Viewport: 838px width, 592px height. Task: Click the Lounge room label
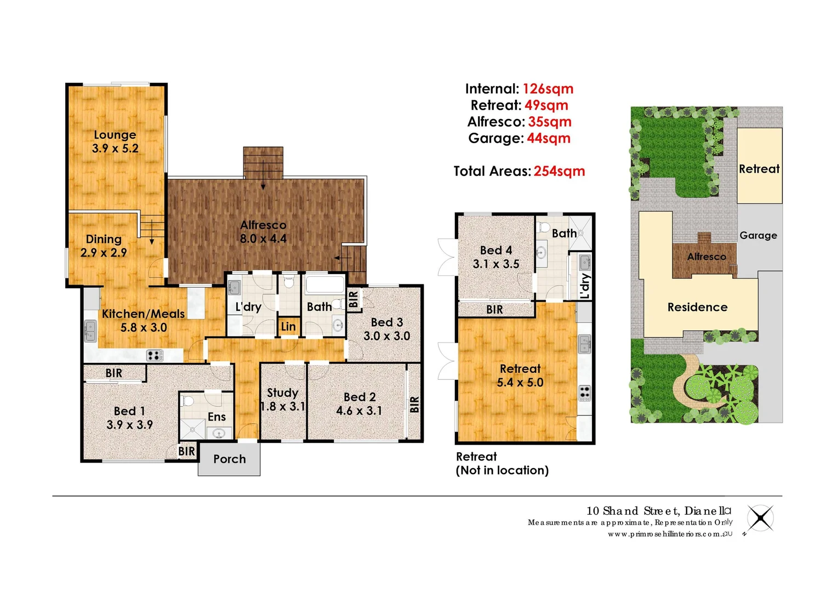click(115, 135)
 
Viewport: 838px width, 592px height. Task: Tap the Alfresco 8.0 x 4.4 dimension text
click(263, 239)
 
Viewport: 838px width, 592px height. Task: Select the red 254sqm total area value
click(559, 171)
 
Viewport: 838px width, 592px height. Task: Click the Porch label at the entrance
click(229, 459)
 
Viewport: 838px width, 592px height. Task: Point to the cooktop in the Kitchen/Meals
click(155, 355)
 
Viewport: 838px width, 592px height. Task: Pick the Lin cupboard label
click(288, 327)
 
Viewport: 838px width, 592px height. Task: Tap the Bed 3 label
click(386, 322)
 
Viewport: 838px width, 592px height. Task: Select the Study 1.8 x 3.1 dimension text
click(283, 407)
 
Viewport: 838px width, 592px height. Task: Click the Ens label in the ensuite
click(216, 417)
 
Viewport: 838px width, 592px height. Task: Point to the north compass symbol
click(760, 518)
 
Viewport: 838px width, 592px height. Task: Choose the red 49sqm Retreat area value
click(546, 105)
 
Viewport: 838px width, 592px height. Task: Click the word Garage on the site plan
click(758, 236)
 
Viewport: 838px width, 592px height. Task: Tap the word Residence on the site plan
click(697, 308)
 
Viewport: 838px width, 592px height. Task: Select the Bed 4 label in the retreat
click(496, 251)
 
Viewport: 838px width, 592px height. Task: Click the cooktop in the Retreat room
click(585, 392)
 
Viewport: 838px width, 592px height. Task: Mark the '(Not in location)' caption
click(502, 470)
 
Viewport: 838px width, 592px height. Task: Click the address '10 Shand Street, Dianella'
click(658, 511)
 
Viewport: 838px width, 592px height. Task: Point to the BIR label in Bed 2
click(414, 405)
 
